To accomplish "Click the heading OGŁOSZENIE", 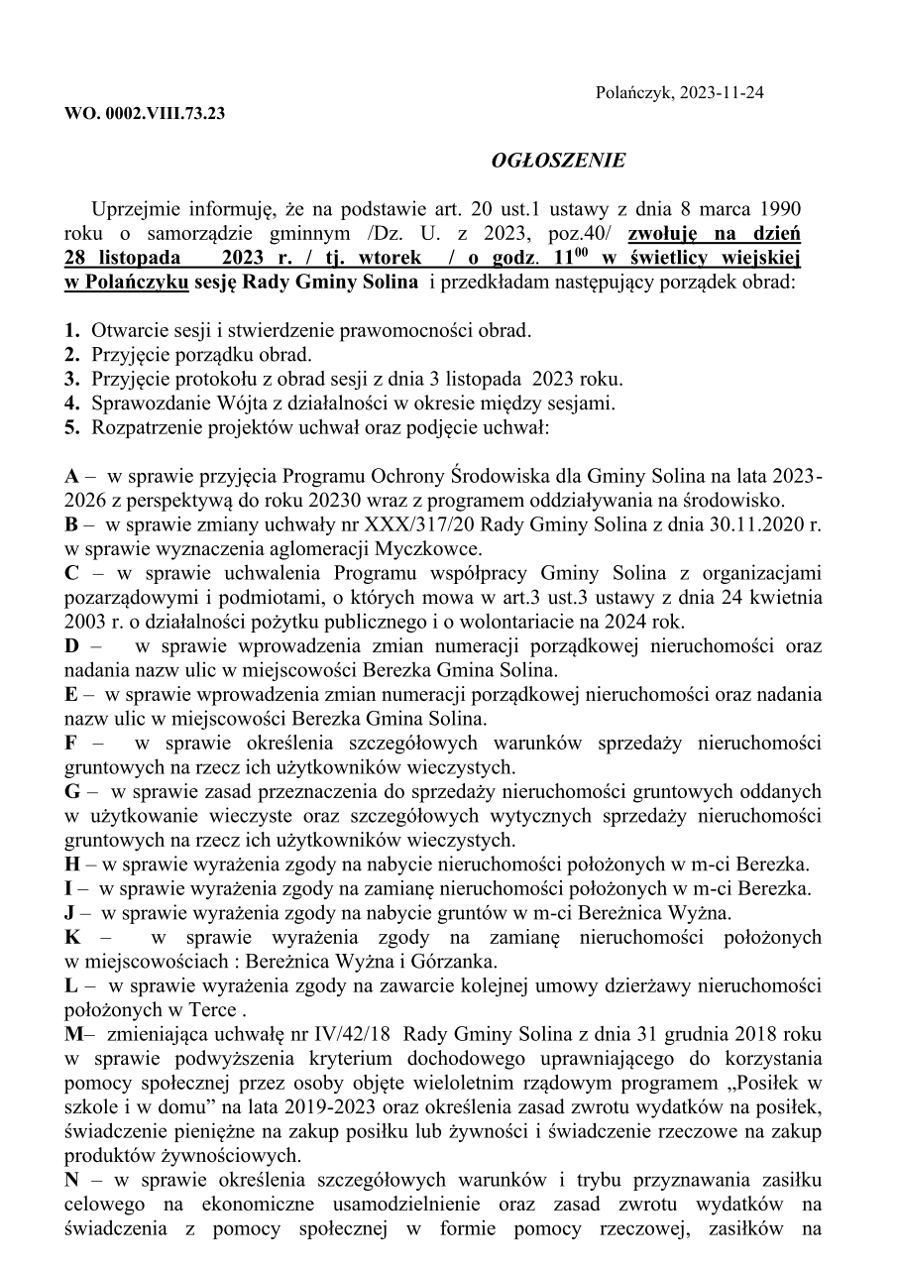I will [x=558, y=161].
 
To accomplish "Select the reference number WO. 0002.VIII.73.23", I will [x=145, y=113].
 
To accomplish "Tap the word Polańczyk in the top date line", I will [x=633, y=93].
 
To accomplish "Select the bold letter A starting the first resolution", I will [x=72, y=476].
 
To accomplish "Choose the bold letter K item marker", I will [x=72, y=937].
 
